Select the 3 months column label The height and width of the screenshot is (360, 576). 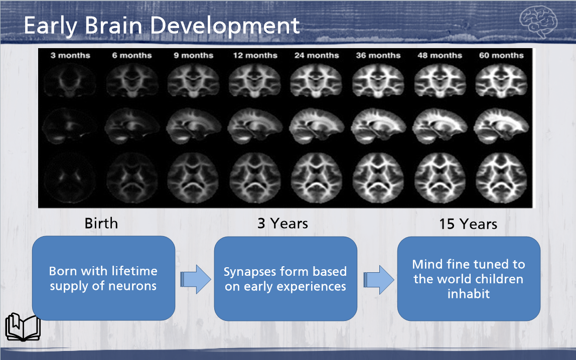click(70, 55)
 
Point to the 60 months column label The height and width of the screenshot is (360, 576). click(501, 55)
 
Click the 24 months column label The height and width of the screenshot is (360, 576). click(316, 55)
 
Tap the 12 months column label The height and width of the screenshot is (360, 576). click(255, 55)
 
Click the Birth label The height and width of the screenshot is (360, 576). click(101, 223)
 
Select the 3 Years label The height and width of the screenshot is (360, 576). click(282, 223)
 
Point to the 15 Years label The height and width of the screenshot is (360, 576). click(468, 224)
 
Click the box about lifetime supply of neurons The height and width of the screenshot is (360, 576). click(103, 278)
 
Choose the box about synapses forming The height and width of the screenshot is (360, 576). click(285, 279)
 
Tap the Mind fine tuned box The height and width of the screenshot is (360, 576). click(469, 279)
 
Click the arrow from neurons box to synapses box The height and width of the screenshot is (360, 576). click(196, 279)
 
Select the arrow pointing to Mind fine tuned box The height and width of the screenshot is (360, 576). click(378, 279)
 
